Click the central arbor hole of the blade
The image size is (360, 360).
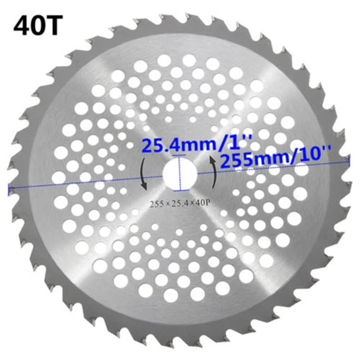coord(180,174)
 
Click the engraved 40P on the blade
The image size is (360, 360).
coord(202,203)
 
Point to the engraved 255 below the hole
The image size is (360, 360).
coord(156,203)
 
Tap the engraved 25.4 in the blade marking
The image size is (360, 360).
coord(179,203)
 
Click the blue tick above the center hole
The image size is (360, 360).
coord(180,156)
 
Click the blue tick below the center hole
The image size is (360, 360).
coord(180,192)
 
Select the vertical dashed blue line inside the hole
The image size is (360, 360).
coord(180,174)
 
